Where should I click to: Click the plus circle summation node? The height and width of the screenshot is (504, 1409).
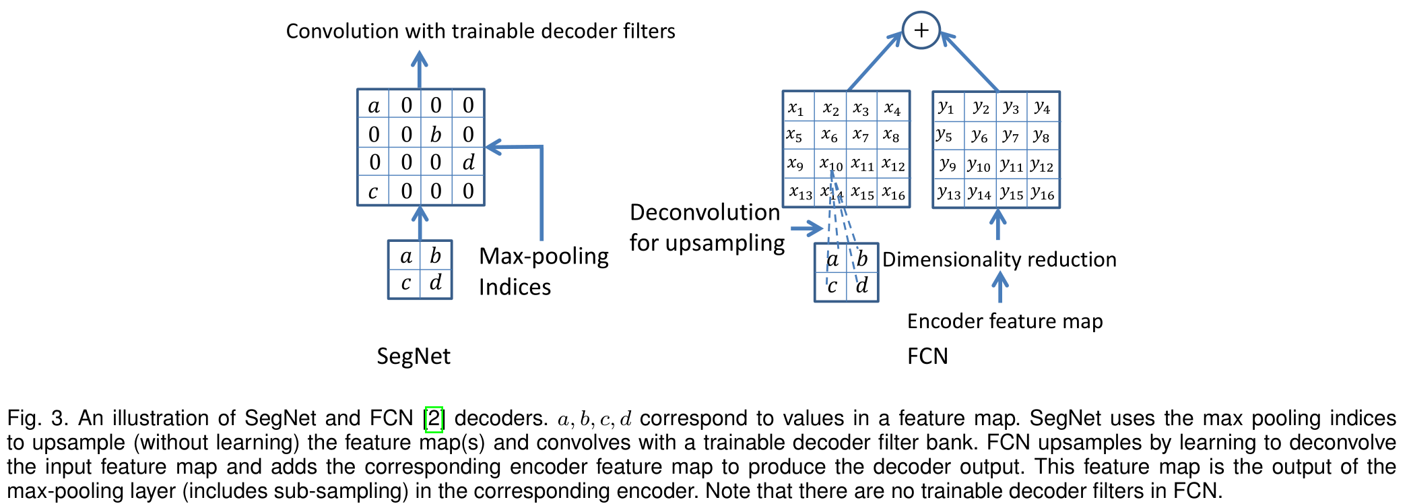[921, 30]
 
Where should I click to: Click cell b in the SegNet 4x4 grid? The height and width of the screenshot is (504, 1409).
[436, 134]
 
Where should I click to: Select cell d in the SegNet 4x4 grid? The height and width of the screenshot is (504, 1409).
[468, 162]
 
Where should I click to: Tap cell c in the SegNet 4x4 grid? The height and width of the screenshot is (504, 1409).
[373, 191]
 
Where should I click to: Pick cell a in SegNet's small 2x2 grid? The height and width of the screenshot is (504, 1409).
[405, 256]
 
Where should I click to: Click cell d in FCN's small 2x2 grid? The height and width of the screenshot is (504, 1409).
[862, 286]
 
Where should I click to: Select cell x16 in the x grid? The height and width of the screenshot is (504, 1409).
[894, 193]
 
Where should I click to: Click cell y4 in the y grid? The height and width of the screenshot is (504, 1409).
[1043, 106]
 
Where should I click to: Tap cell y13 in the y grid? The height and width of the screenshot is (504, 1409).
[948, 193]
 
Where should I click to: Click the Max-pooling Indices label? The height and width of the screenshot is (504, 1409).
[543, 271]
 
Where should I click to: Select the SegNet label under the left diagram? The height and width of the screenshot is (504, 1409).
[413, 356]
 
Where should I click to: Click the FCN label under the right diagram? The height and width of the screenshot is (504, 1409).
[927, 356]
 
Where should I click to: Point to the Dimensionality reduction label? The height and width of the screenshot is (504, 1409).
[999, 259]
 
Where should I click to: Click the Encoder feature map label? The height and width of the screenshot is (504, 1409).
[1004, 321]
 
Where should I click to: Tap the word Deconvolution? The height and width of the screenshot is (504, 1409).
[704, 212]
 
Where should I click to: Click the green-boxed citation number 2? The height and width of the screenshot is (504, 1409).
[434, 418]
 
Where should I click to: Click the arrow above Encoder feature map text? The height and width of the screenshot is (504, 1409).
[1000, 288]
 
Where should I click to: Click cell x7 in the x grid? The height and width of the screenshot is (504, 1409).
[860, 135]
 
